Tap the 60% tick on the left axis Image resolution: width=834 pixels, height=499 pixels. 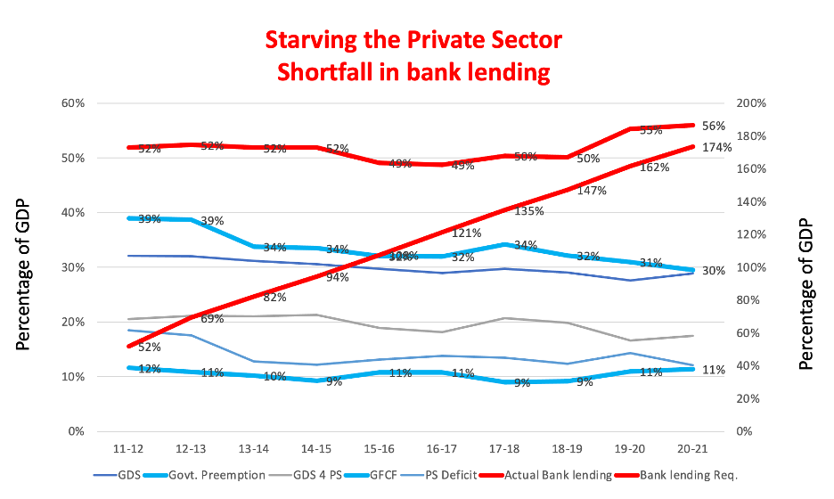click(x=72, y=103)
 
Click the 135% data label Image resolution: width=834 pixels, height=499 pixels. click(x=529, y=212)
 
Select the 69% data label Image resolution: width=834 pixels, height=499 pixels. click(x=211, y=319)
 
